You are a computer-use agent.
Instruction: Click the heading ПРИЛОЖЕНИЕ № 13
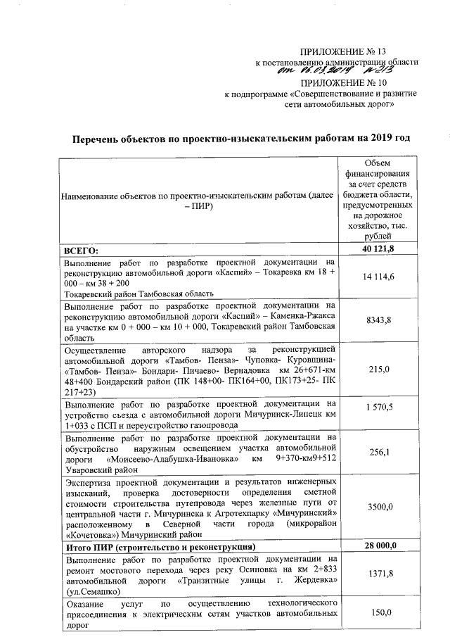pyautogui.click(x=342, y=51)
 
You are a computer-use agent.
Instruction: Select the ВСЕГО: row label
pyautogui.click(x=81, y=251)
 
